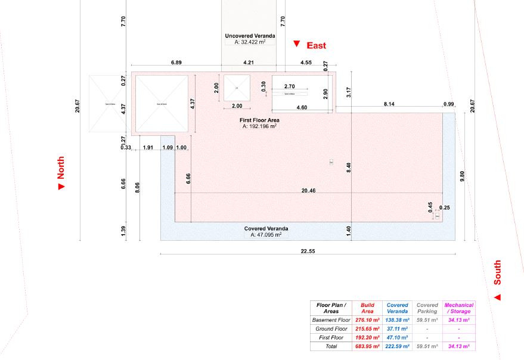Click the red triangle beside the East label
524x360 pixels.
[x=296, y=44]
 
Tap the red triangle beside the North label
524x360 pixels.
[x=61, y=187]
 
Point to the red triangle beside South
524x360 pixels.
[x=497, y=297]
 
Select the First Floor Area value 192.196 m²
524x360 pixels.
[x=259, y=126]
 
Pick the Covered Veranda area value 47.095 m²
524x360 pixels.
[x=266, y=235]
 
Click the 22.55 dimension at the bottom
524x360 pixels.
[x=308, y=251]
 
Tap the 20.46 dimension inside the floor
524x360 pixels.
[x=308, y=190]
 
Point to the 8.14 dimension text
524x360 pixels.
[x=389, y=104]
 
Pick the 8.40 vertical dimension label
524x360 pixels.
[x=349, y=168]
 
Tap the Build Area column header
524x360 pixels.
[x=367, y=308]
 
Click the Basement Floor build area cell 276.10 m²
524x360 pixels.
[x=367, y=320]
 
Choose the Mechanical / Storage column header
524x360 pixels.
[x=458, y=308]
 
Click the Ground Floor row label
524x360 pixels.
[x=331, y=328]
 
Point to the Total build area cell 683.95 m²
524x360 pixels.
[x=367, y=346]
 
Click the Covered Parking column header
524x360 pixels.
[x=427, y=308]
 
